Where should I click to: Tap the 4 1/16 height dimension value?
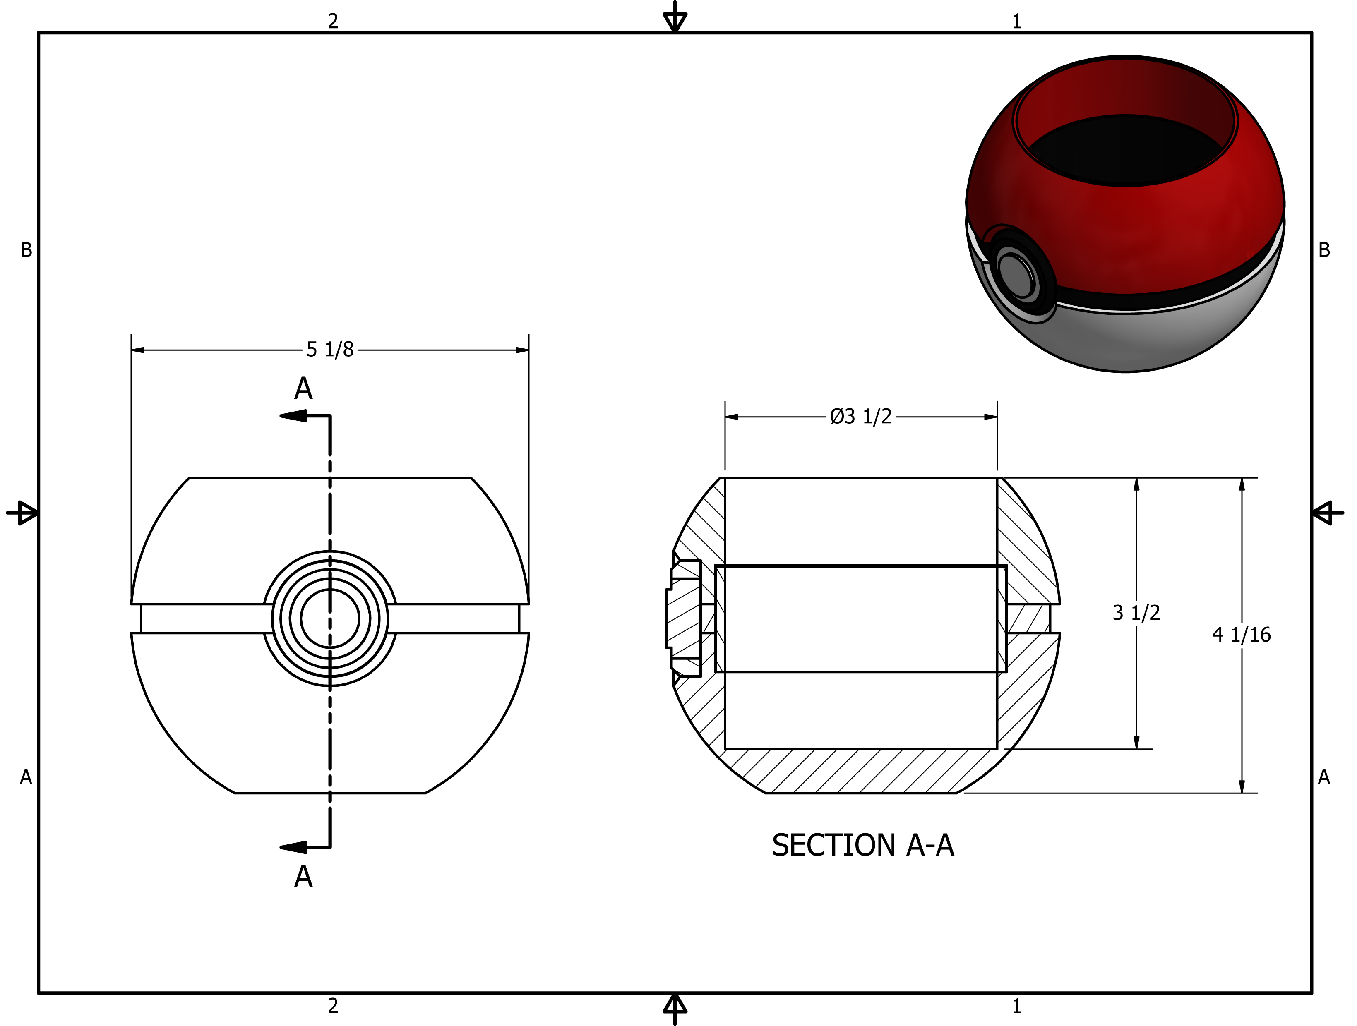1241,635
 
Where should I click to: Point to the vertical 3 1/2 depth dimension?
1136,613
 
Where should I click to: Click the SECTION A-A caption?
862,845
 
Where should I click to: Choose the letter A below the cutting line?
303,877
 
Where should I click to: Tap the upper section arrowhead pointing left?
293,417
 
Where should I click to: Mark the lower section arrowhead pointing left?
293,848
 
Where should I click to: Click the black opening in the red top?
1126,150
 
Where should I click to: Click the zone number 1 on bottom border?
1016,1006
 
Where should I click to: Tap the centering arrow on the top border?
675,18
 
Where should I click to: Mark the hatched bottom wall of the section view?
859,771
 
